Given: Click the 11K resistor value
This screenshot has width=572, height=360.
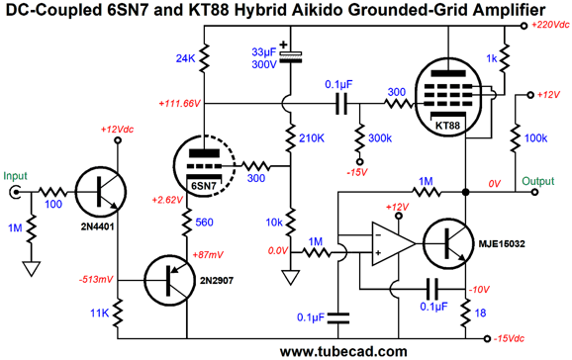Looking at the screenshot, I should point(98,315).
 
